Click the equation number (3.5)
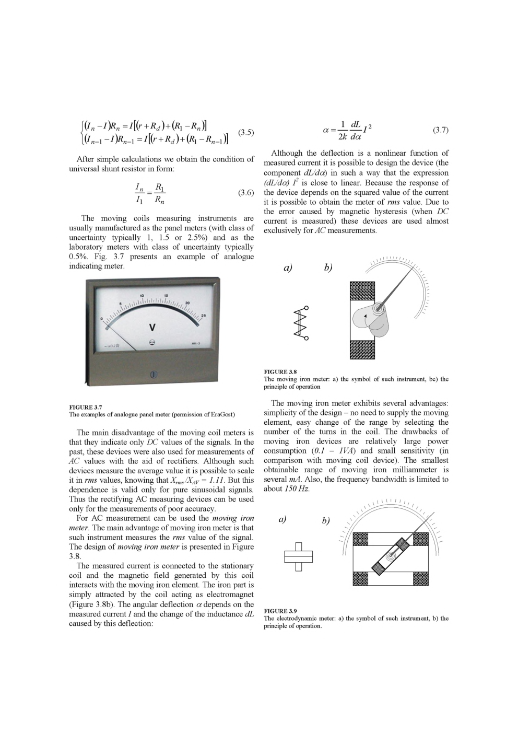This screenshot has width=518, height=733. (x=246, y=132)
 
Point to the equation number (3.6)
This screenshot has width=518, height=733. (x=246, y=193)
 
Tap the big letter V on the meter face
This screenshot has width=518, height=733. (x=152, y=328)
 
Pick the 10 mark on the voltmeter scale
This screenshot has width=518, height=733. (x=142, y=296)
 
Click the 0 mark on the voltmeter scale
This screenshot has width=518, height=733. (x=102, y=318)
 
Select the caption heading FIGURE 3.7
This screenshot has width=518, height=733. (x=86, y=406)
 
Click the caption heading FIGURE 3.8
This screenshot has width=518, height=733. (x=280, y=371)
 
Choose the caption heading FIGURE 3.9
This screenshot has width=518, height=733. (x=280, y=610)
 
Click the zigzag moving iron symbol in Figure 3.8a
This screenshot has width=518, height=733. (x=301, y=323)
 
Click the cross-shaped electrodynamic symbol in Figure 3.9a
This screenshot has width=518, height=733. (x=298, y=557)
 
